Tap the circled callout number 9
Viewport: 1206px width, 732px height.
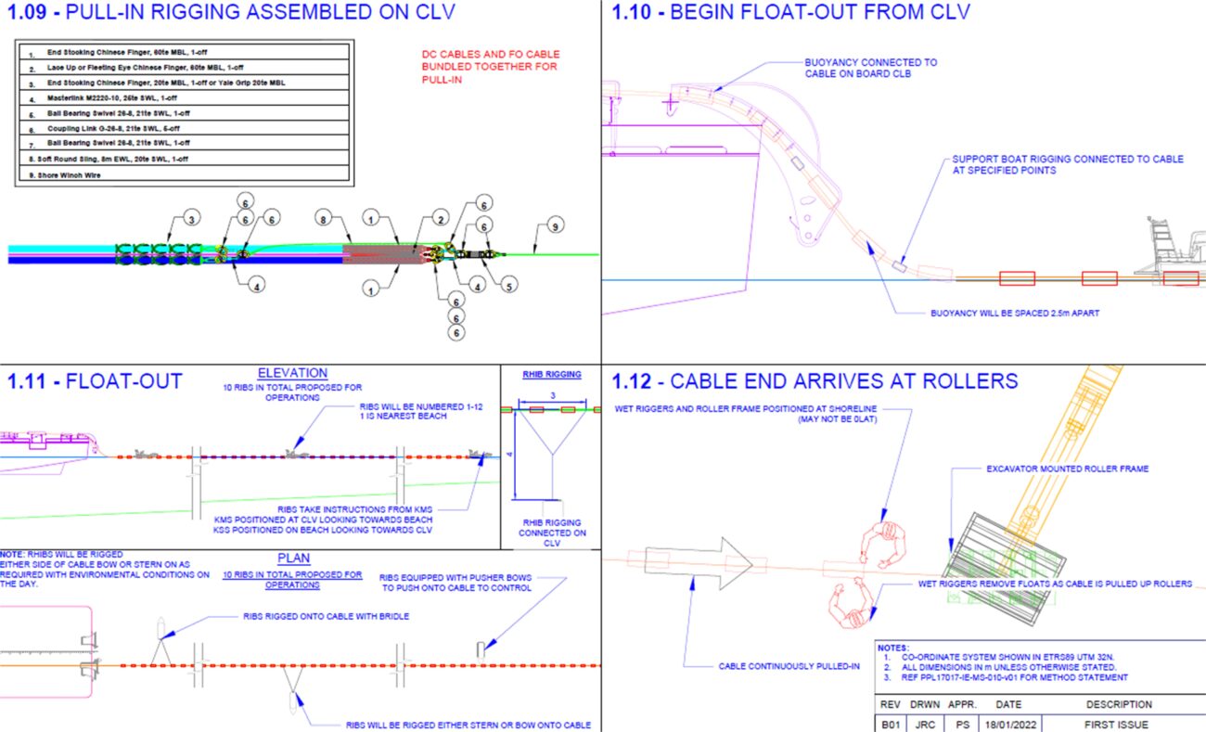[554, 225]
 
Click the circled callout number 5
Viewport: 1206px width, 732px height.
[510, 287]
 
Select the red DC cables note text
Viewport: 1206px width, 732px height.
[490, 67]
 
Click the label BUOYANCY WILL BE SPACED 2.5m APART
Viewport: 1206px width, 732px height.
[1014, 313]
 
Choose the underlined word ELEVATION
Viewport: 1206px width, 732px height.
[294, 373]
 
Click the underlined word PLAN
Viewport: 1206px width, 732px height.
[294, 559]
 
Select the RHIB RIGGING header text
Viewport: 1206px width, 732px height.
[552, 375]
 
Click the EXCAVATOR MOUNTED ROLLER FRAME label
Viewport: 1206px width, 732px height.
[1067, 469]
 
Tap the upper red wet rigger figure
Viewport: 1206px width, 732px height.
[879, 543]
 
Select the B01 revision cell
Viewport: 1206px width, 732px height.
[890, 724]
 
